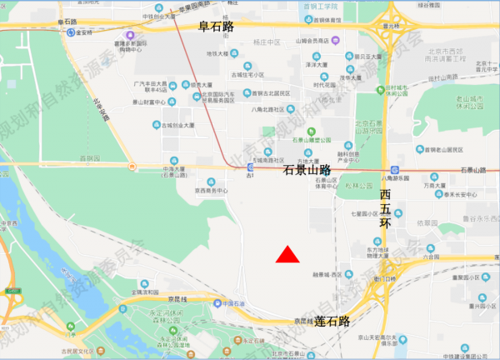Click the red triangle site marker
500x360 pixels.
click(x=287, y=255)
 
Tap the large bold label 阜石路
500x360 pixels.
click(x=216, y=27)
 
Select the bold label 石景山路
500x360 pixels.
click(x=307, y=170)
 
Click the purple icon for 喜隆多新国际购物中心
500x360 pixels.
click(x=128, y=36)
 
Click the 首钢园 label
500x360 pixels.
click(x=88, y=157)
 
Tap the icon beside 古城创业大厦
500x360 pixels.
click(x=155, y=125)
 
